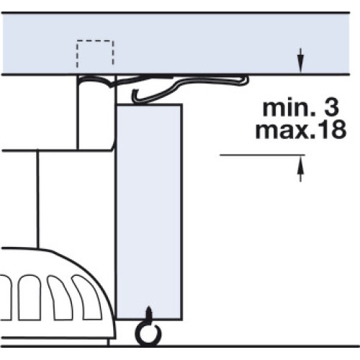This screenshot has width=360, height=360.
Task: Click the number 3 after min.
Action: coord(331,108)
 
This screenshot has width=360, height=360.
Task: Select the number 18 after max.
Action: coord(332,130)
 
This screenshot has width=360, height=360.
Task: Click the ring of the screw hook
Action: coord(148,334)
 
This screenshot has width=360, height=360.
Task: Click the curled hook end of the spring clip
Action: coord(135,96)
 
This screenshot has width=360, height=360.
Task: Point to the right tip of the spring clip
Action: coord(246,80)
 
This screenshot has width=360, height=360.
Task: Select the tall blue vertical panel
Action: coord(149,212)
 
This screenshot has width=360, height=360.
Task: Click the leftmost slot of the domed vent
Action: coord(5,297)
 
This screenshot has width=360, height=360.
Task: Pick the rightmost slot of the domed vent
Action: coord(88,297)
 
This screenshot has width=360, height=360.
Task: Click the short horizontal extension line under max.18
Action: coord(263,155)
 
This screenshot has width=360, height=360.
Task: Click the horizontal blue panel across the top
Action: coord(175,43)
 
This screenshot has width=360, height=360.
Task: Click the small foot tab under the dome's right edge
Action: coord(112,342)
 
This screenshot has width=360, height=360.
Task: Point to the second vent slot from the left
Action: coord(30,297)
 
